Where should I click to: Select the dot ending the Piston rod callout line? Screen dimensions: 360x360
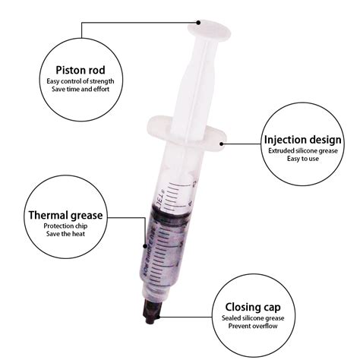pos(198,22)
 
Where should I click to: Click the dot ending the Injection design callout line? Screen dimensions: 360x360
pos(222,140)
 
